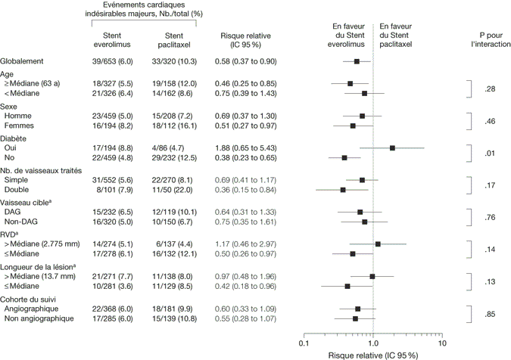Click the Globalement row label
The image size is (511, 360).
(x=21, y=61)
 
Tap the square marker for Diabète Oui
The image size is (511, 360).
(x=393, y=148)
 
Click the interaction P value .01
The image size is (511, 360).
(x=489, y=154)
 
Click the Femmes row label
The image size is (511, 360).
(x=19, y=126)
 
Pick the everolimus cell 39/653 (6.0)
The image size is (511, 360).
(x=113, y=61)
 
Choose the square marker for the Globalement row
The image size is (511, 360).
(x=357, y=61)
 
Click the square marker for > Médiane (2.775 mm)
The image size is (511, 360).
(x=379, y=244)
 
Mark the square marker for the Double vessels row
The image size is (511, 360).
(x=343, y=190)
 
